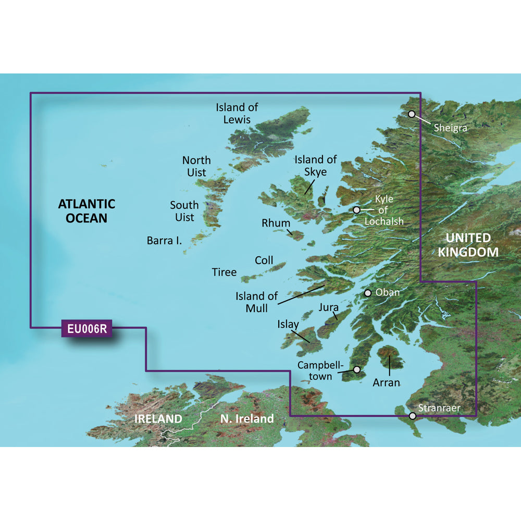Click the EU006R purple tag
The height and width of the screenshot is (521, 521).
pos(86,328)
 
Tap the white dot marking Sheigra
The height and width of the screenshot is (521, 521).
pos(412,114)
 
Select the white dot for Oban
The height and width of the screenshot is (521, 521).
pos(368,293)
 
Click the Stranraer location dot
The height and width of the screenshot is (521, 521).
pos(413,416)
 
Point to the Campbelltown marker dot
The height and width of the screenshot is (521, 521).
pos(357,369)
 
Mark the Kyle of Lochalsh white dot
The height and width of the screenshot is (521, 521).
pos(356,210)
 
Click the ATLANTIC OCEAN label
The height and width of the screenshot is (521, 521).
pos(86,210)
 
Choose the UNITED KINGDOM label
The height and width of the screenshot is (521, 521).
pos(468,245)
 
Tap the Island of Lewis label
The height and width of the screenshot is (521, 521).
pos(237,113)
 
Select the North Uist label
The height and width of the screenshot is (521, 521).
pos(196,166)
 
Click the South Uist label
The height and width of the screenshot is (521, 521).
pos(184,211)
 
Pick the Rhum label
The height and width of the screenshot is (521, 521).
pos(276,223)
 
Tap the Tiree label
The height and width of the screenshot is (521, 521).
pos(224,271)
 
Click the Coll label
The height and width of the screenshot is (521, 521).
pos(264,260)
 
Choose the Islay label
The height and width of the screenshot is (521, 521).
pos(288,324)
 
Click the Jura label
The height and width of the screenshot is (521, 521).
pos(329,307)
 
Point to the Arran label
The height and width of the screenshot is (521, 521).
pos(386,382)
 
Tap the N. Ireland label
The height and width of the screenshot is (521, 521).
pos(247,418)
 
